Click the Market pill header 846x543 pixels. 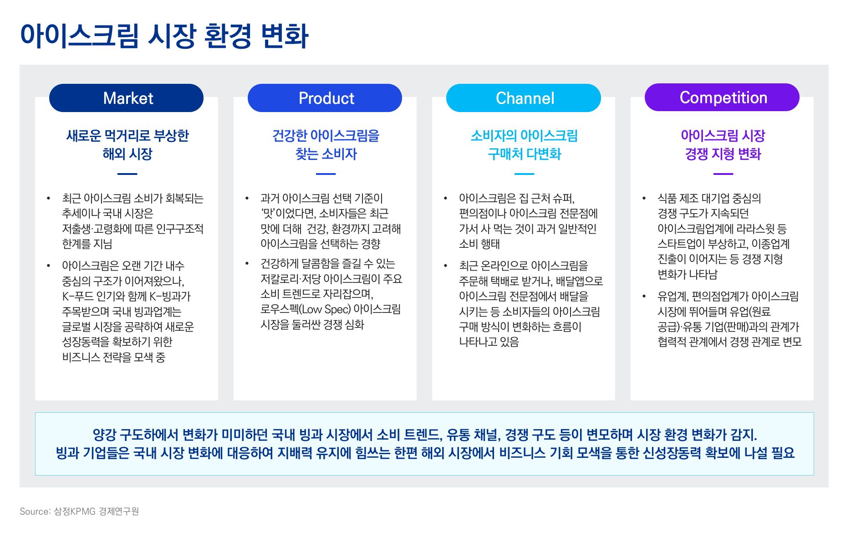[x=126, y=98]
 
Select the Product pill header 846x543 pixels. [x=325, y=98]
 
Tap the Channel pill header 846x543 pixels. [x=524, y=98]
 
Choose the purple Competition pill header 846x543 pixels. [x=722, y=97]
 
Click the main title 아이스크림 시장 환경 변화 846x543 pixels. [x=164, y=36]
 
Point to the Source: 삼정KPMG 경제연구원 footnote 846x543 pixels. [x=79, y=511]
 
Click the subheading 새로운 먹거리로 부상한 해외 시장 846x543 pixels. [x=127, y=144]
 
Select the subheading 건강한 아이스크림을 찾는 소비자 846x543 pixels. [x=326, y=144]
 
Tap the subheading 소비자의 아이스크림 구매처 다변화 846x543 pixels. [x=524, y=144]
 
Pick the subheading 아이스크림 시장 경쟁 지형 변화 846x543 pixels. [x=723, y=144]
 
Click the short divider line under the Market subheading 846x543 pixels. [x=127, y=174]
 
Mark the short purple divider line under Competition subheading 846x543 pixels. [x=723, y=174]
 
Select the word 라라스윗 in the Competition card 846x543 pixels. [x=752, y=229]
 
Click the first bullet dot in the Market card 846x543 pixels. [x=48, y=198]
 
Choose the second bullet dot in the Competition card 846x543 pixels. [x=644, y=297]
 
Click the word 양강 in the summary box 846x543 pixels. [x=104, y=435]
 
